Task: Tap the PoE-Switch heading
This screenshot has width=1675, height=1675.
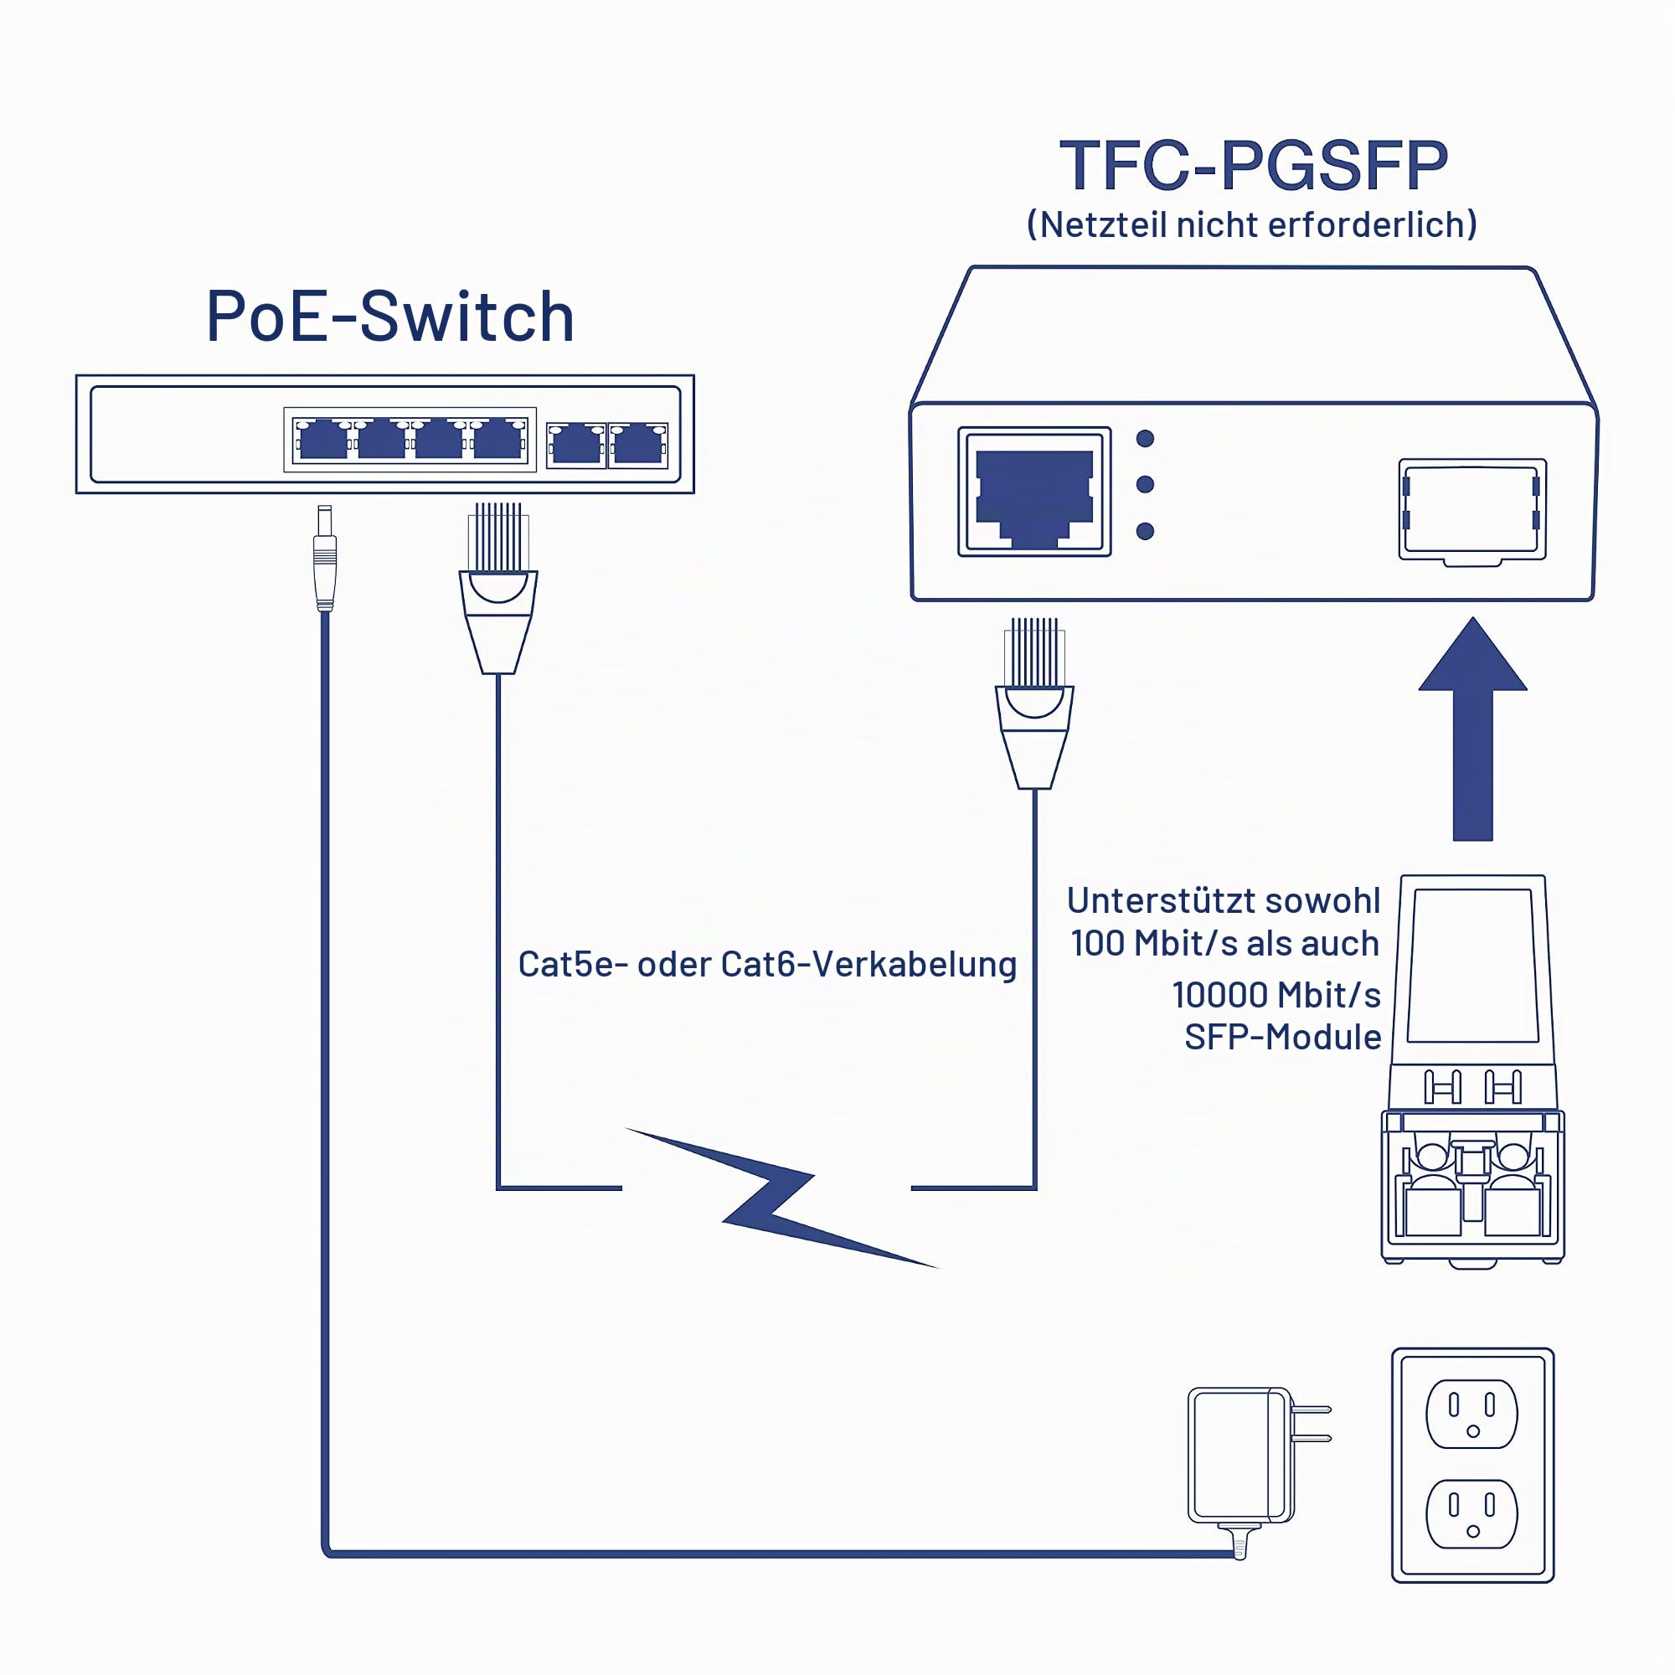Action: click(x=390, y=316)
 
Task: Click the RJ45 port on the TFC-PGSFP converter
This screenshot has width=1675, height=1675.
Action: click(x=1034, y=492)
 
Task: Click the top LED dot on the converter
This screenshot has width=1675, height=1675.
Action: click(x=1145, y=439)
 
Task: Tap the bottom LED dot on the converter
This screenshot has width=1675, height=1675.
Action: click(x=1145, y=531)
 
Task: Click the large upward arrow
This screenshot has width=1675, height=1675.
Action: click(x=1472, y=729)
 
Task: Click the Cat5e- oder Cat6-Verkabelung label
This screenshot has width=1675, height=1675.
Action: click(x=767, y=964)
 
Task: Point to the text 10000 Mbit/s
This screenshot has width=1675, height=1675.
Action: click(x=1276, y=994)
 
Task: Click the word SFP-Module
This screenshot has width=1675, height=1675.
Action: click(x=1282, y=1037)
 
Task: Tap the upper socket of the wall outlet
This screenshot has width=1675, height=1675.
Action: click(x=1472, y=1414)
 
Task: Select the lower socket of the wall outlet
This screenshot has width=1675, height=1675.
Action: click(x=1472, y=1514)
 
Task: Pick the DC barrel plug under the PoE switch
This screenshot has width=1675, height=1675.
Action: click(x=324, y=559)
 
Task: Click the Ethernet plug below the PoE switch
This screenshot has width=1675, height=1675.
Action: click(x=497, y=588)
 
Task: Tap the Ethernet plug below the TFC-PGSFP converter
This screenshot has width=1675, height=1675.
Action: click(x=1034, y=703)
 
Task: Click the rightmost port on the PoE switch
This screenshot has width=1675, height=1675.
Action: click(x=638, y=445)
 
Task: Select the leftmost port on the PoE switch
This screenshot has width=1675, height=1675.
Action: click(x=323, y=440)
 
